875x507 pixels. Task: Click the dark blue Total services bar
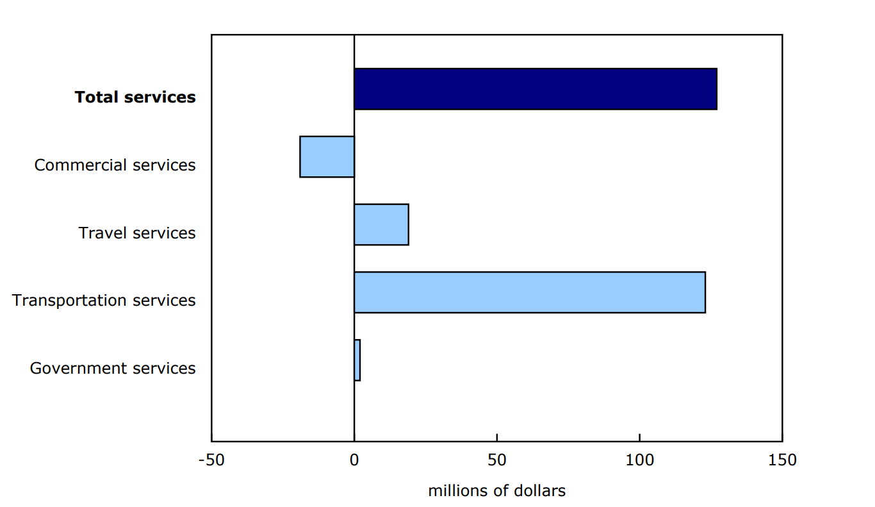(535, 89)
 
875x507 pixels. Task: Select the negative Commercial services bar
(327, 156)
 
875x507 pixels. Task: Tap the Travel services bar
(381, 224)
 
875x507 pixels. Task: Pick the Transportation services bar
(529, 292)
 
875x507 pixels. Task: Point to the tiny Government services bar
(357, 360)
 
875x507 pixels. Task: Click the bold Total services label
(135, 97)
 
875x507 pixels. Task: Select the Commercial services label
(115, 165)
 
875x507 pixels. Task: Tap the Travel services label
(137, 233)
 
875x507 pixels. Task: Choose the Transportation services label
(104, 300)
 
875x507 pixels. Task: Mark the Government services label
(113, 368)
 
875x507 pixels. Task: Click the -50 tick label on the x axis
(211, 460)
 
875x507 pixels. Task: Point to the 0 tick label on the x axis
(354, 460)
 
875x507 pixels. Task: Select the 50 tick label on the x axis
(496, 460)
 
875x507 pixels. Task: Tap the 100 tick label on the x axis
(639, 460)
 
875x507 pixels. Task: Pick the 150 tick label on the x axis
(782, 460)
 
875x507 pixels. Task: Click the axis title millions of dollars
(496, 491)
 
